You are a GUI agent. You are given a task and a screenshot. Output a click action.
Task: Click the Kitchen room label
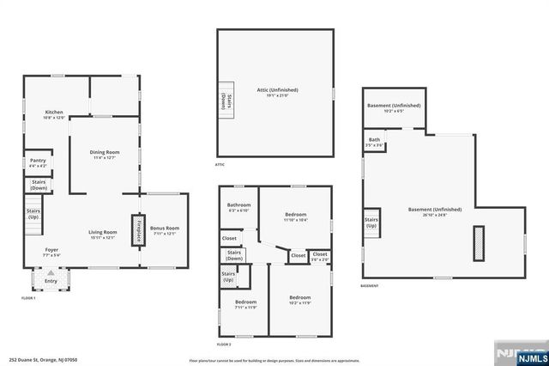click(54, 114)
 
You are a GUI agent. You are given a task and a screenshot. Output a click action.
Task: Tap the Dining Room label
click(105, 155)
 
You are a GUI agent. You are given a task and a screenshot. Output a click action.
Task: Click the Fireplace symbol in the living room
click(136, 229)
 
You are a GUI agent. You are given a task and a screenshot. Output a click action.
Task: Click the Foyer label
click(52, 253)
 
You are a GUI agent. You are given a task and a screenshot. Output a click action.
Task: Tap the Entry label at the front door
click(51, 280)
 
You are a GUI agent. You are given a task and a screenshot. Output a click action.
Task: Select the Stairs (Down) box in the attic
click(226, 99)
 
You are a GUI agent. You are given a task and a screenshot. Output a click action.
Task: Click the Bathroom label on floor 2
click(238, 207)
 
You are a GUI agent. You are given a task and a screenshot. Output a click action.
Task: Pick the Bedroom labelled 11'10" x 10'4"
click(295, 217)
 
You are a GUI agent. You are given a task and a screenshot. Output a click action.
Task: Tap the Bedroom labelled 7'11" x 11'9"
click(245, 304)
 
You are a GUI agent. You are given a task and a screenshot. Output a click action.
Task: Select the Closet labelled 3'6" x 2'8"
click(319, 255)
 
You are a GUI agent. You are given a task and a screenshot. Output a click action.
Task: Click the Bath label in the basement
click(374, 142)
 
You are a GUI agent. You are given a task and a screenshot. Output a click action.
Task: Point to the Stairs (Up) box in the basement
click(371, 221)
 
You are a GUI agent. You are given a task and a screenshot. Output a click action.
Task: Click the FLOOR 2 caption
click(224, 344)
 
